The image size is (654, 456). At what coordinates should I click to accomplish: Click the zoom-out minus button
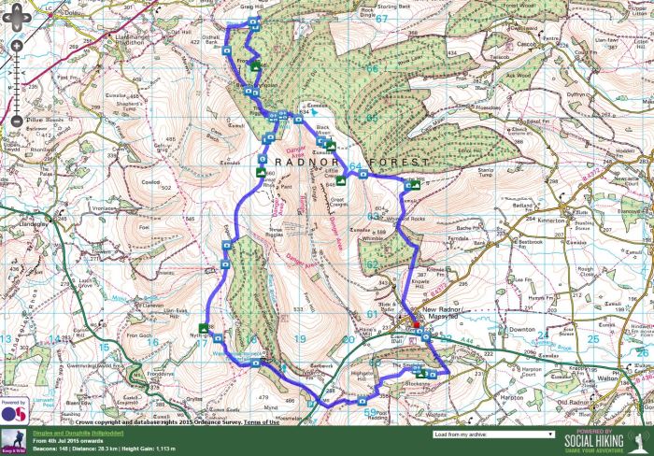pyautogui.click(x=16, y=121)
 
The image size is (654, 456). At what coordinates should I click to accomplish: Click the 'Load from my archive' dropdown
pyautogui.click(x=494, y=435)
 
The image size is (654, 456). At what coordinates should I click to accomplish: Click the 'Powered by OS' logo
pyautogui.click(x=13, y=411)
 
